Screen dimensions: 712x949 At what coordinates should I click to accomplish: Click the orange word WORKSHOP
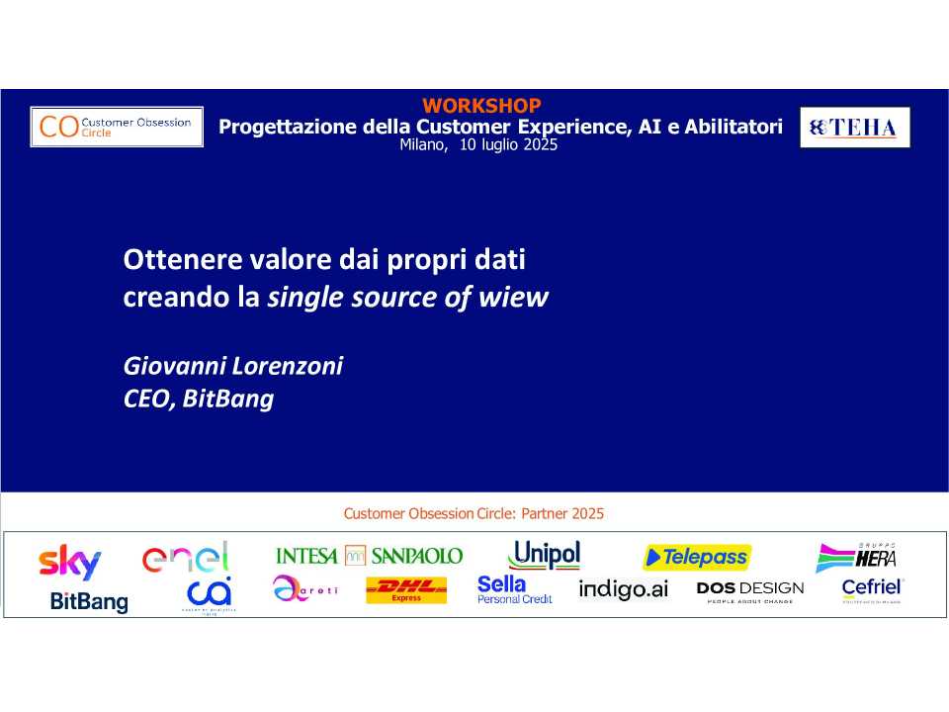[481, 106]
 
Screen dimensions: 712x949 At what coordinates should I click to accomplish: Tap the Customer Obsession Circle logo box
[117, 127]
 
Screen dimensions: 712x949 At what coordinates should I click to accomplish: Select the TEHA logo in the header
[854, 128]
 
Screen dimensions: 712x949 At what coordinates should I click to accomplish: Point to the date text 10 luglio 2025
[509, 144]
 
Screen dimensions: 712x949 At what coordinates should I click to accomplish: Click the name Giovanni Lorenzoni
[233, 367]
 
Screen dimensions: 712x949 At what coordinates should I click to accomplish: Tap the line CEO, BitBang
[198, 400]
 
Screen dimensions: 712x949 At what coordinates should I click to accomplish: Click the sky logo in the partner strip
[70, 563]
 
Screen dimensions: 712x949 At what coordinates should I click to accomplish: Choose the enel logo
[186, 557]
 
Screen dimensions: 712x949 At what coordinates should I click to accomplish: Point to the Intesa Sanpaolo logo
[369, 556]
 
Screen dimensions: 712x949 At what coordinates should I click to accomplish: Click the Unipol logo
[544, 555]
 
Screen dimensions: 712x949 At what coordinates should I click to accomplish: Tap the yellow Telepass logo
[697, 558]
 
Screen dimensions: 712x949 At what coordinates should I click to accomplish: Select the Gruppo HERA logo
[856, 558]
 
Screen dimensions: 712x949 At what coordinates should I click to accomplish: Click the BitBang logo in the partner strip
[89, 601]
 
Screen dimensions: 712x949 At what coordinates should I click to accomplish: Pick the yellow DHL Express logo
[406, 591]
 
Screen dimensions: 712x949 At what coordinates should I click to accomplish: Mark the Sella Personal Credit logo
[514, 590]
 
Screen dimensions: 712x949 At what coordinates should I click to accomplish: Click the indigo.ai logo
[623, 590]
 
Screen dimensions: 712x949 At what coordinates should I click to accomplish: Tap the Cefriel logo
[872, 589]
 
